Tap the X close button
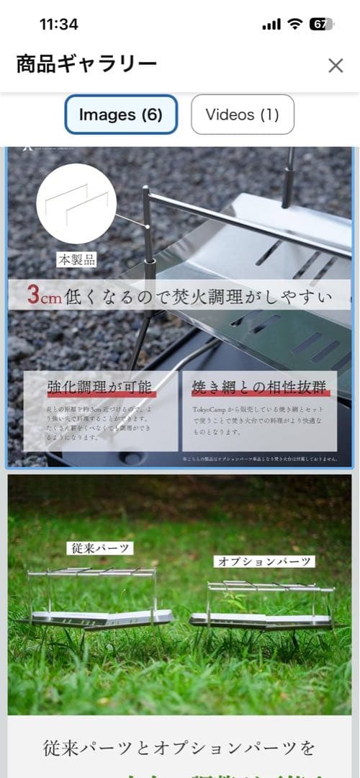click(x=336, y=66)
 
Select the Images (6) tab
click(x=121, y=115)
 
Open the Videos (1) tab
click(x=242, y=115)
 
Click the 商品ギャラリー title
click(x=86, y=65)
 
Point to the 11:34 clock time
click(x=59, y=24)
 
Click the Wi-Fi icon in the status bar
click(x=294, y=24)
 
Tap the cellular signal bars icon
click(x=271, y=24)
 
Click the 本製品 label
click(x=76, y=259)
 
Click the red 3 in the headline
click(x=33, y=295)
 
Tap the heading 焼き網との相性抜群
click(x=260, y=388)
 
